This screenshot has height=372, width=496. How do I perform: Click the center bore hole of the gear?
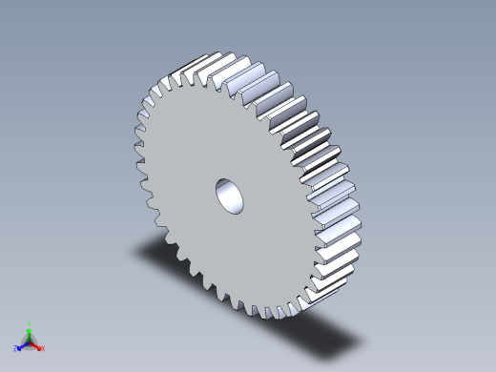click(x=230, y=195)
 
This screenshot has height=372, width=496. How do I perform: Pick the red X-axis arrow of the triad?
click(x=36, y=345)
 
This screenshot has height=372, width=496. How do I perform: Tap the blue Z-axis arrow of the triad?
click(x=22, y=345)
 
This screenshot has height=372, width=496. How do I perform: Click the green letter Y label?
click(x=30, y=323)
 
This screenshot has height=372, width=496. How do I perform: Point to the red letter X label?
click(x=42, y=348)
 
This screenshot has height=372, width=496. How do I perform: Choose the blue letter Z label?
click(x=16, y=348)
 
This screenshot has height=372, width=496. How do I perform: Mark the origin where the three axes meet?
click(x=30, y=341)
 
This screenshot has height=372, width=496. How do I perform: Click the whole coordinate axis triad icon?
click(x=30, y=340)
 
